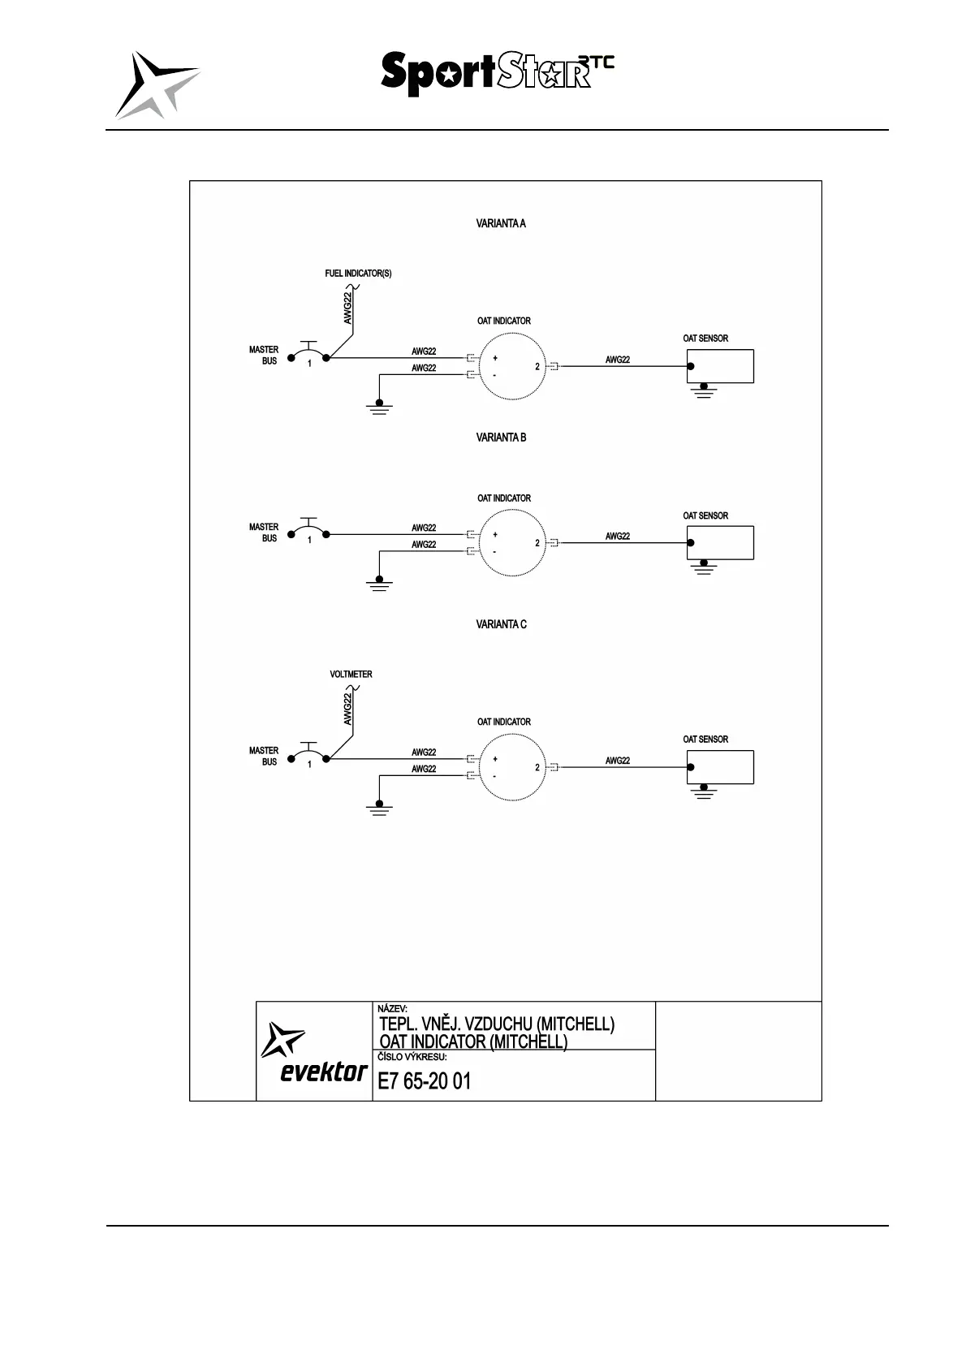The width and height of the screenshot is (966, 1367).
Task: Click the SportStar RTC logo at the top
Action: coord(497,74)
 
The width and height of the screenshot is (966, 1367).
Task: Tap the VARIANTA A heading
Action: coord(500,224)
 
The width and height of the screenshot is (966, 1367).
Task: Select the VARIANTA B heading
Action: coord(500,438)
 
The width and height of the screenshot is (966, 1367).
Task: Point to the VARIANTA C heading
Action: coord(500,624)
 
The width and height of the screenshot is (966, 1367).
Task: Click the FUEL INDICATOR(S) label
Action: coord(358,274)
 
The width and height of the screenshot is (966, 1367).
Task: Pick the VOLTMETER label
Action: coord(351,675)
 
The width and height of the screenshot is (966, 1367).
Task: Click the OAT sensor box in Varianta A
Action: coord(720,366)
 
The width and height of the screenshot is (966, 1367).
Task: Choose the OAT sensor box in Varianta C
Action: coord(720,767)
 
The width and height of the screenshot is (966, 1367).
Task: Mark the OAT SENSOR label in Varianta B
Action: coord(705,515)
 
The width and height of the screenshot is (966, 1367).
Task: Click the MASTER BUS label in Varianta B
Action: coord(264,533)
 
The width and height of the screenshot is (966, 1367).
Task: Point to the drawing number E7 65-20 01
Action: coord(424,1081)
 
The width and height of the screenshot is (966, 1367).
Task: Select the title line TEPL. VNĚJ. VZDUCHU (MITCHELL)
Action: coord(496,1024)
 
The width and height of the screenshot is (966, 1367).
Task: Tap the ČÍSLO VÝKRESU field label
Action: coord(412,1058)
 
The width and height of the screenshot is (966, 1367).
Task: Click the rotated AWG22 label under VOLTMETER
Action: coord(347,709)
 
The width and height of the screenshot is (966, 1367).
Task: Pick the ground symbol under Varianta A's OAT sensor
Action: coord(704,391)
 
